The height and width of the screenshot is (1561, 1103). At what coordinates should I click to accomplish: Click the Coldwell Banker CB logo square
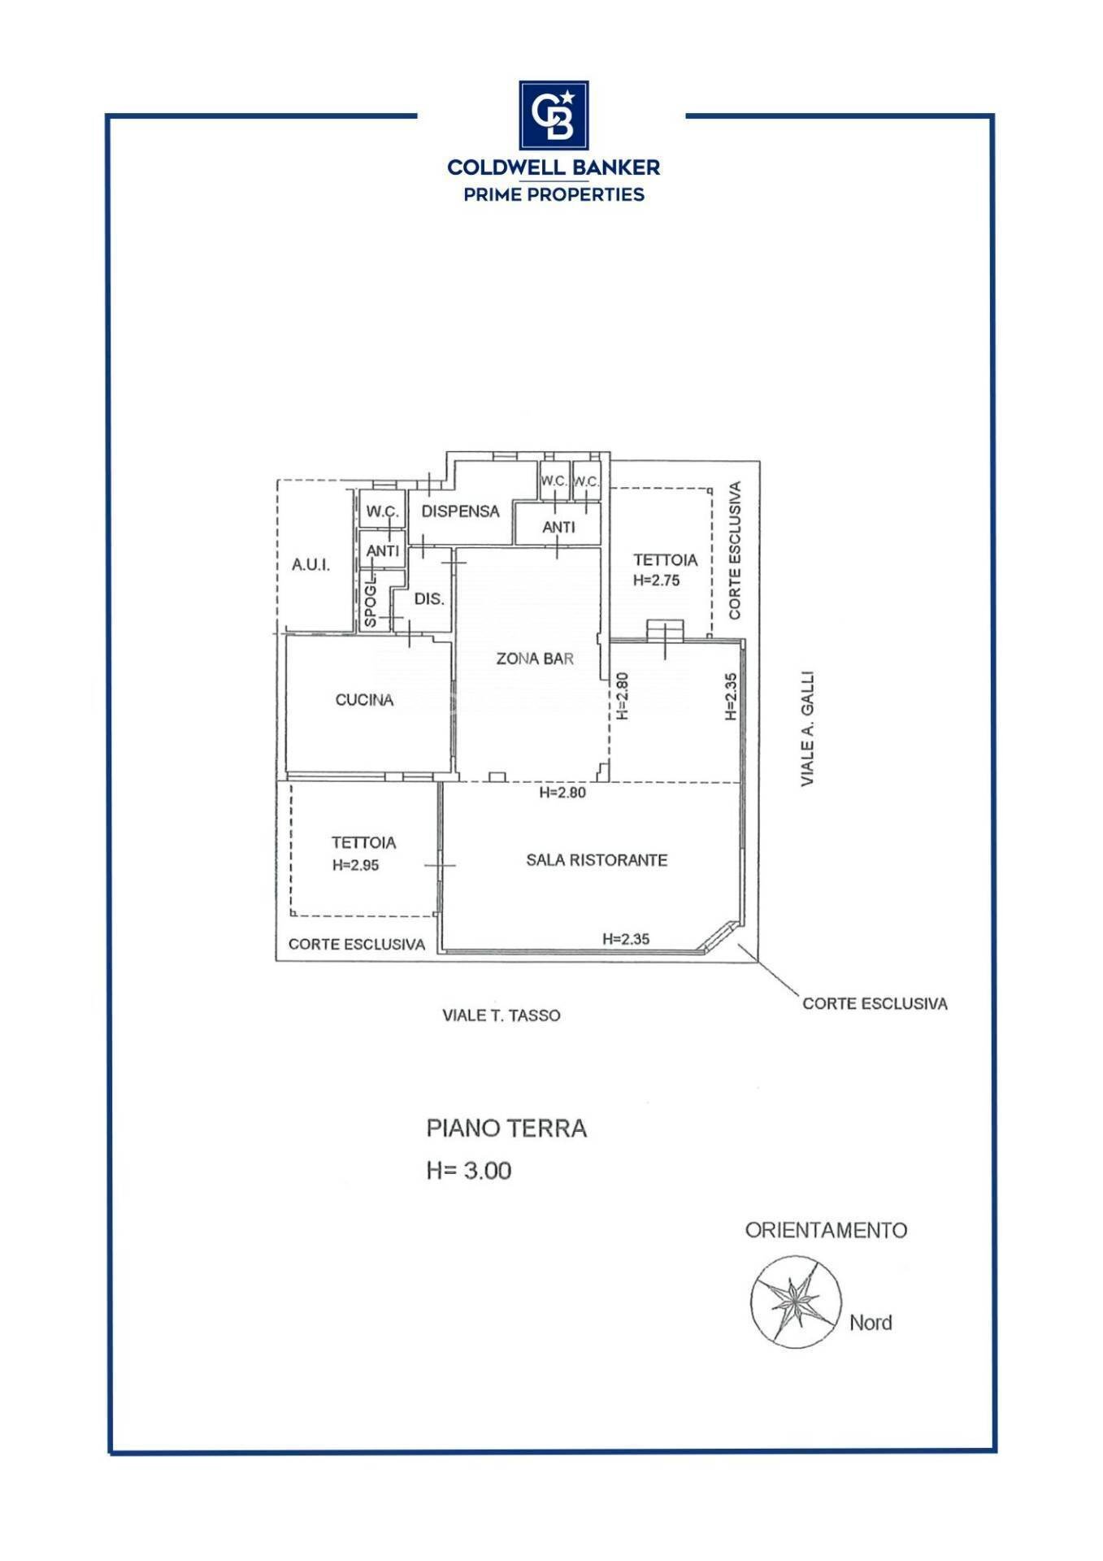pos(554,115)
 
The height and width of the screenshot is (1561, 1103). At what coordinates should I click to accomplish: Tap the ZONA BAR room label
pos(535,658)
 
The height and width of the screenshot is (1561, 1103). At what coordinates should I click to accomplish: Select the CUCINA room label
pos(364,699)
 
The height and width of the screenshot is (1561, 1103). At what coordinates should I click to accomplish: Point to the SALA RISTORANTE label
pos(597,859)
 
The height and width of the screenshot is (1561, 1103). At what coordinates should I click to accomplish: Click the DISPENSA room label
pos(460,511)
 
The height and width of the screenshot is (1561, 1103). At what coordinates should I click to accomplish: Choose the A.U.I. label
pos(310,564)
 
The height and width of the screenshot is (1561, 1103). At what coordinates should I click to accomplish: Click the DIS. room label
pos(429,599)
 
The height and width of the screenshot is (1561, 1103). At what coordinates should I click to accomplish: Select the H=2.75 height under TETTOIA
pos(656,580)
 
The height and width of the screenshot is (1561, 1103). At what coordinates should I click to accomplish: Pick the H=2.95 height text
pos(355,865)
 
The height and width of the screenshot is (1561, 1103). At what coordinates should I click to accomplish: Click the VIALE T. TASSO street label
pos(502,1015)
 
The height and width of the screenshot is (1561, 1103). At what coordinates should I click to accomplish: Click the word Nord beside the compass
pos(871,1323)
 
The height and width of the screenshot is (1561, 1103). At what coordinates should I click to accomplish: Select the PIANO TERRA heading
pos(506,1128)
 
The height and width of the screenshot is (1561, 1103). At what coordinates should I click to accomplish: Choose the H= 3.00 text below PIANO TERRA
pos(469,1171)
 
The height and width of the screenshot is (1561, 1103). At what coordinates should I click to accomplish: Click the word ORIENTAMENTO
pos(826,1230)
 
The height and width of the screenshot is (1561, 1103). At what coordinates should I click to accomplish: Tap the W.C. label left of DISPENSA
pos(382,511)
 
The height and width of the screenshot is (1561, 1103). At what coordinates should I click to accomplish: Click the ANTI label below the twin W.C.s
pos(558,527)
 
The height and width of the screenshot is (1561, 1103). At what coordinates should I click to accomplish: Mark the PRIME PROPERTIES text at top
pos(554,194)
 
